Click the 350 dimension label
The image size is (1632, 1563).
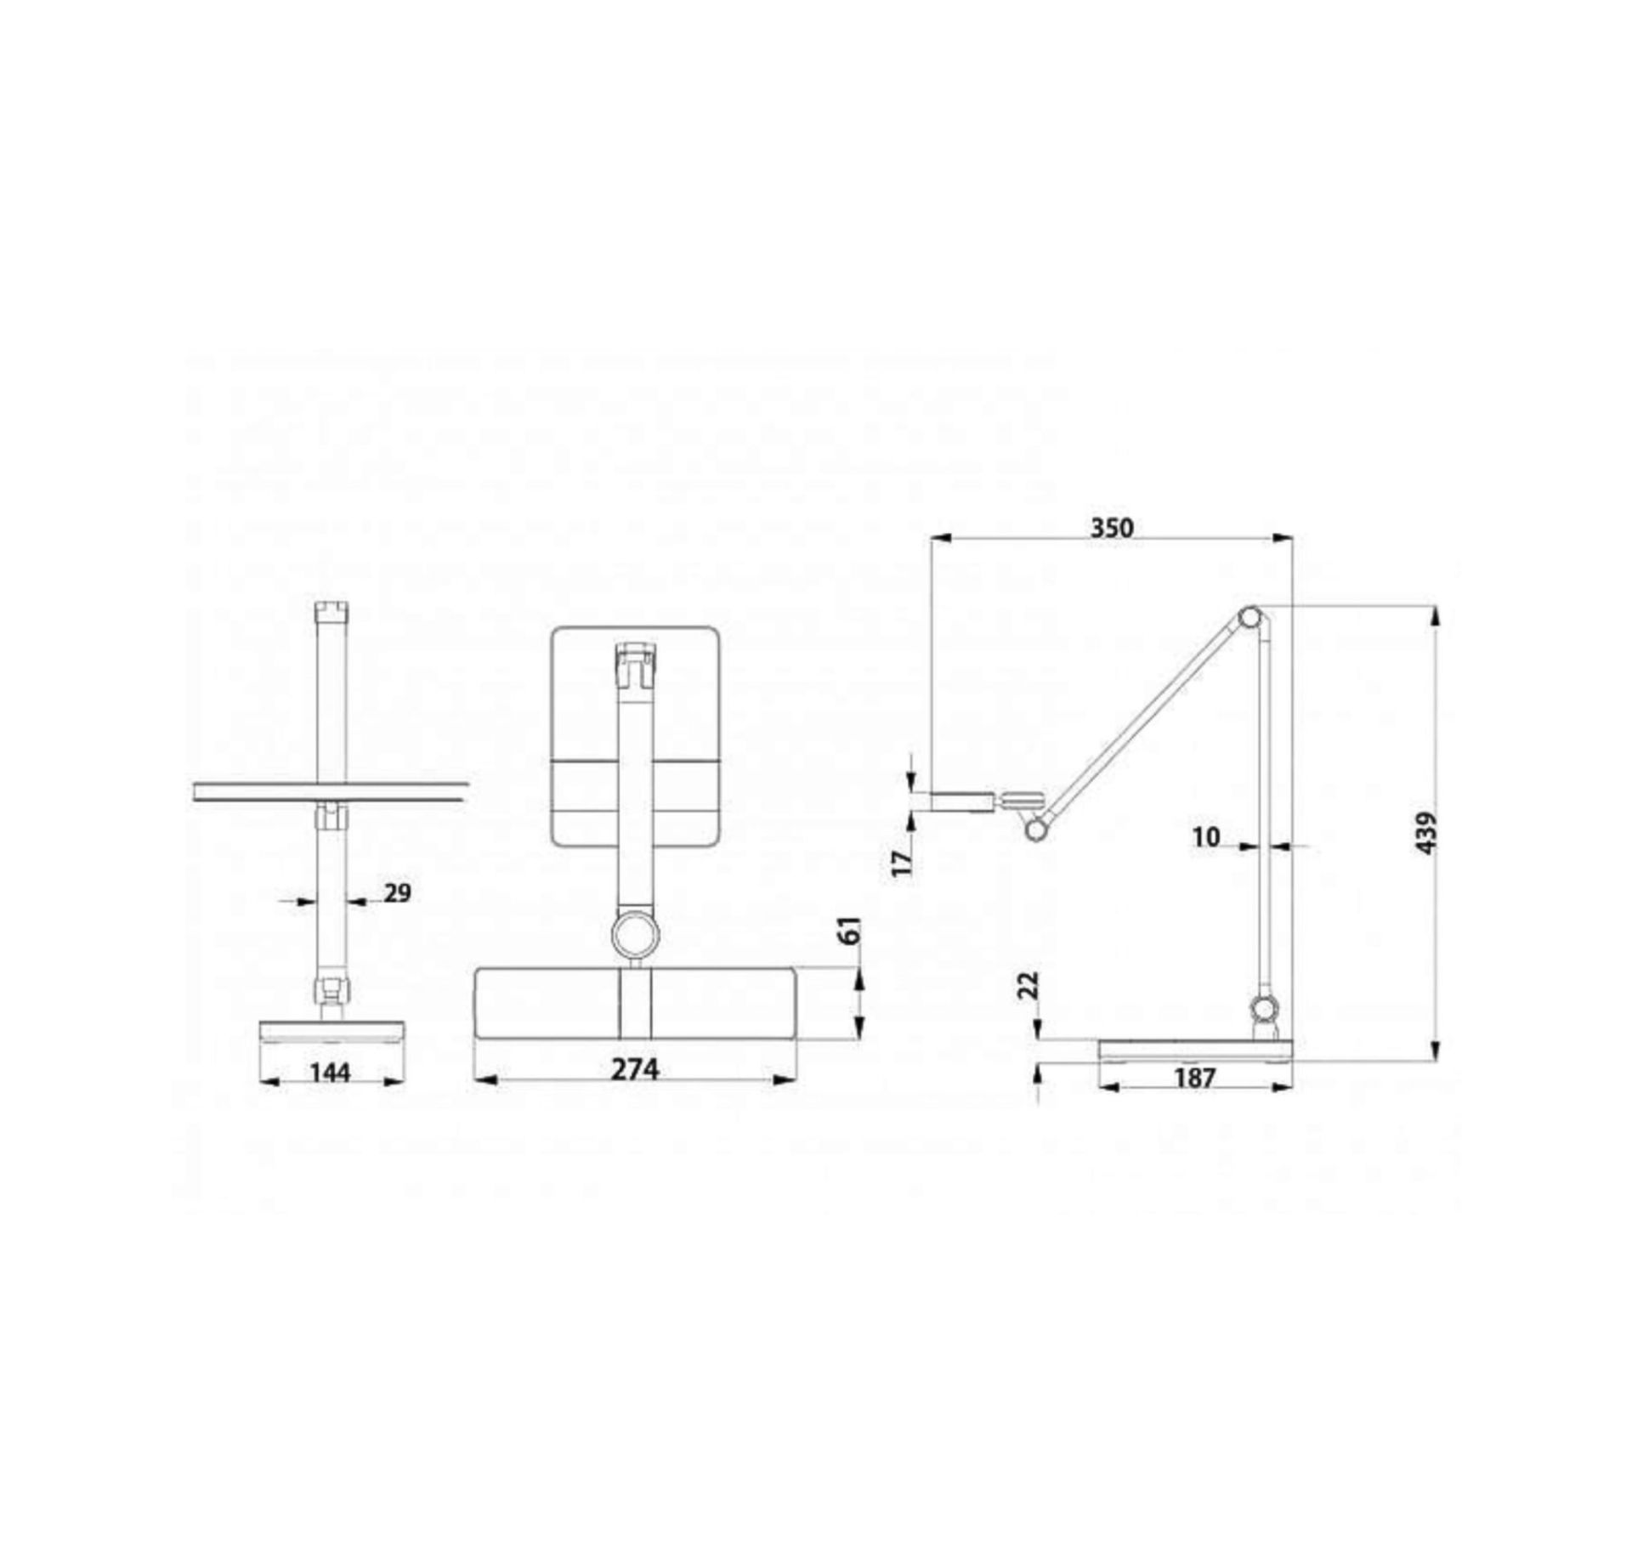[1112, 528]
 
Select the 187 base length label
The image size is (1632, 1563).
[1194, 1078]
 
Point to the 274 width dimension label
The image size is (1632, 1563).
[635, 1069]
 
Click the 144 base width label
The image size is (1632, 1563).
[329, 1073]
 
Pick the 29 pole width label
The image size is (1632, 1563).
[397, 893]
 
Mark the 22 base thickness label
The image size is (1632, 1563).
[1028, 986]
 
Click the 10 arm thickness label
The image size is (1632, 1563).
[1206, 837]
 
